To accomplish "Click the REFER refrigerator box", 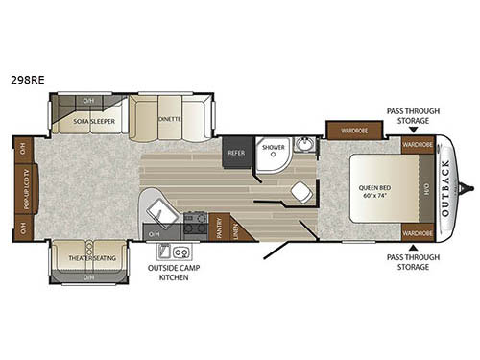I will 236,153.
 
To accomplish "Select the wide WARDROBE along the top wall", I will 348,130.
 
